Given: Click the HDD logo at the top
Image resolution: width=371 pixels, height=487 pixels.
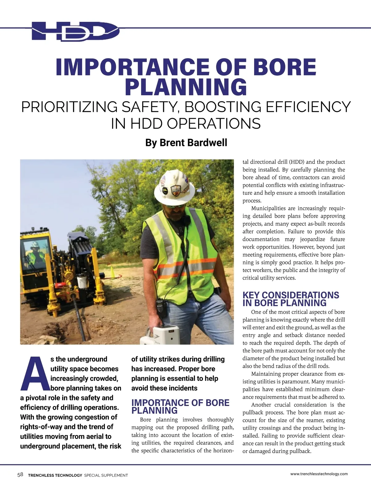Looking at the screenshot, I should click(x=75, y=31).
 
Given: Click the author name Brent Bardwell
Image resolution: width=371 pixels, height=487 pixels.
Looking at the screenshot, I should click(x=186, y=143).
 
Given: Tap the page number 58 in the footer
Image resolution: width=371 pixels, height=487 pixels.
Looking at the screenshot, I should click(x=20, y=475).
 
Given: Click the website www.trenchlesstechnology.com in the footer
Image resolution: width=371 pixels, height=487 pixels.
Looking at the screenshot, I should click(x=319, y=474).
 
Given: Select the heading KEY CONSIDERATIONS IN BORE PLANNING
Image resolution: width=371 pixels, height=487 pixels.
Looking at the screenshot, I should click(x=291, y=299).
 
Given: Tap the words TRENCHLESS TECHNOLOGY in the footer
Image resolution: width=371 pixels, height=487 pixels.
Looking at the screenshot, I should click(x=55, y=475).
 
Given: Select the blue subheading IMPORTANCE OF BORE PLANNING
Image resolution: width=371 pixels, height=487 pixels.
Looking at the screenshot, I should click(x=180, y=407).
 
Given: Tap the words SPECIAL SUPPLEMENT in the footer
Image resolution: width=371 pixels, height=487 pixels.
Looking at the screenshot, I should click(x=106, y=475).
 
